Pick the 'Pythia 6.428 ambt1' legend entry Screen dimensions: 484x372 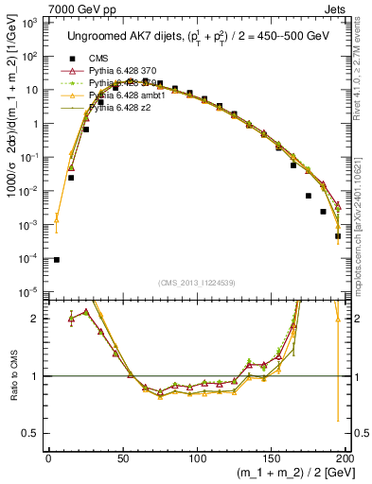(133, 95)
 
